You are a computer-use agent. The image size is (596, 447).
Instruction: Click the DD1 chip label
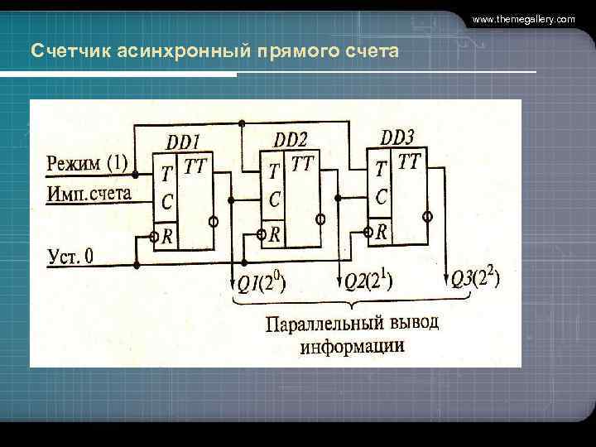(x=184, y=142)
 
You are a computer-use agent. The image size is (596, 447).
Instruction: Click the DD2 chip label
(x=291, y=140)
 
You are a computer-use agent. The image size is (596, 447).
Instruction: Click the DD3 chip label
(x=397, y=137)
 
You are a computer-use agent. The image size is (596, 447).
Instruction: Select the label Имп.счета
(x=89, y=194)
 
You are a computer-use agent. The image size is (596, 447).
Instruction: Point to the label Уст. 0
(x=70, y=256)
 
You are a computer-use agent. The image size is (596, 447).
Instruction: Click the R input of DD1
(x=167, y=237)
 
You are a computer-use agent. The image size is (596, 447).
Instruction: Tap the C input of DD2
(x=274, y=199)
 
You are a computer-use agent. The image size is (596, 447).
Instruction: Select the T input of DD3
(x=380, y=170)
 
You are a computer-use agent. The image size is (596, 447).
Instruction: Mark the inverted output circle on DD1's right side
(x=214, y=223)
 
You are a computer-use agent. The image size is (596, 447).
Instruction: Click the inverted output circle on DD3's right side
(x=427, y=217)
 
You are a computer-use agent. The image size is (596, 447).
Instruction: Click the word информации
(x=353, y=345)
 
